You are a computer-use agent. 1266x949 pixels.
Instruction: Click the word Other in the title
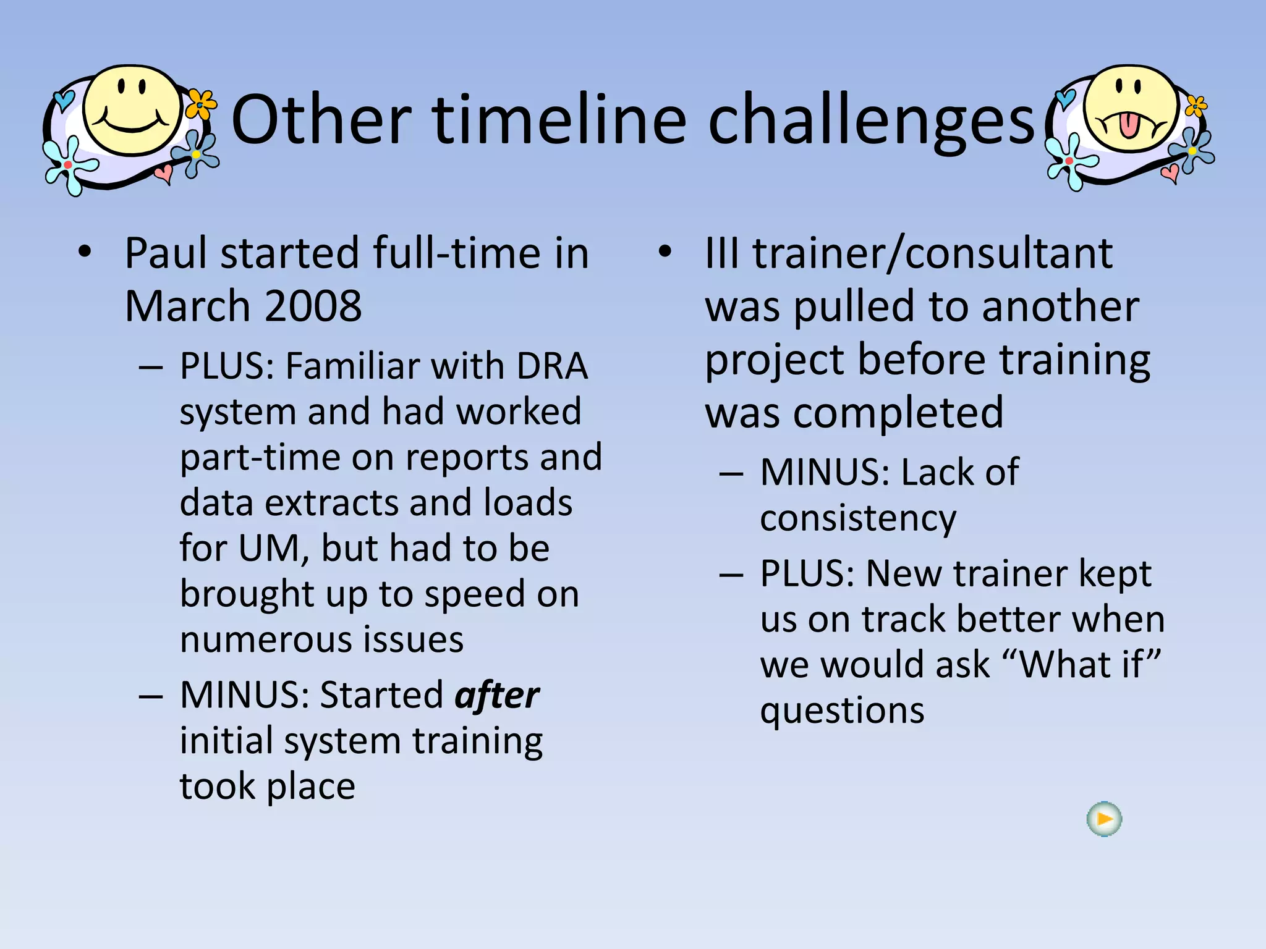(321, 119)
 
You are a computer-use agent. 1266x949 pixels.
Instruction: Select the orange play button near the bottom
(1104, 819)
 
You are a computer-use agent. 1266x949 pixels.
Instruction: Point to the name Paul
(166, 253)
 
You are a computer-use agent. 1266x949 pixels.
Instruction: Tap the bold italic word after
(497, 695)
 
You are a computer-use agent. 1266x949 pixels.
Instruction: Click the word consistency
(858, 518)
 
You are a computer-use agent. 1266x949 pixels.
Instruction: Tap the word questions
(842, 710)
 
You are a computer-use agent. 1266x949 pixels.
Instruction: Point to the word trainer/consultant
(932, 253)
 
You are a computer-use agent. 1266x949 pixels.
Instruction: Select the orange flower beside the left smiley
(200, 104)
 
